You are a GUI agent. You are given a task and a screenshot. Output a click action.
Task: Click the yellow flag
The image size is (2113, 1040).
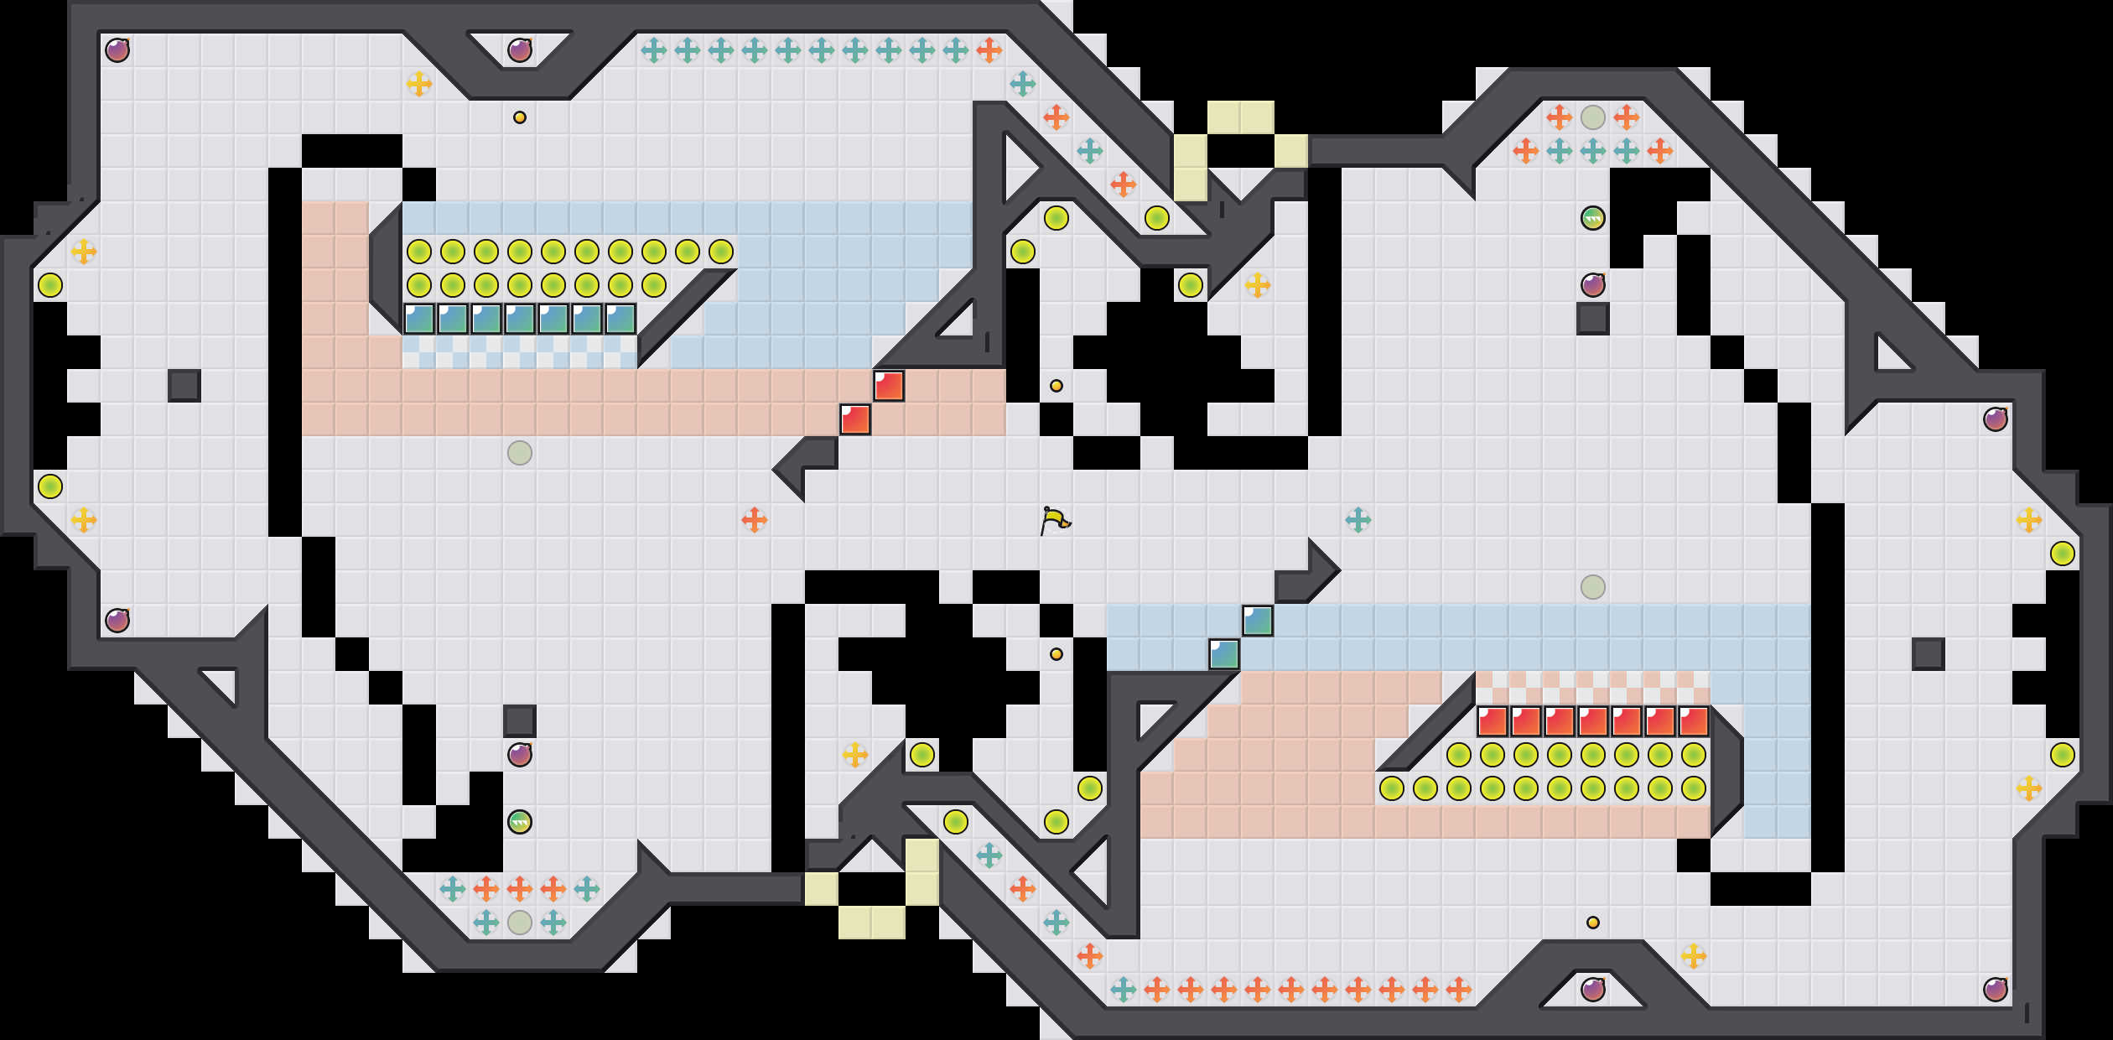1055,520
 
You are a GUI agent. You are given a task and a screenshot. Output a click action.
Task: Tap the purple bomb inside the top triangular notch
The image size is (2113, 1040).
520,50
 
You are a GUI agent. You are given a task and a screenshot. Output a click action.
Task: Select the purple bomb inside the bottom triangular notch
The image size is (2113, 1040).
1593,990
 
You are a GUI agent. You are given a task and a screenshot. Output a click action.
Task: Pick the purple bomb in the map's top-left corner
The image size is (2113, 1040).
117,50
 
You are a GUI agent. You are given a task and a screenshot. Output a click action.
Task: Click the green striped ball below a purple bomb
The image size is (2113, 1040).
520,822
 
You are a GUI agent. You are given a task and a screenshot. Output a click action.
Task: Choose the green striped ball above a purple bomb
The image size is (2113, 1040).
1593,218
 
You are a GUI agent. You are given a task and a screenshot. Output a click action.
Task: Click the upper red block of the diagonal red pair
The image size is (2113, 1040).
889,386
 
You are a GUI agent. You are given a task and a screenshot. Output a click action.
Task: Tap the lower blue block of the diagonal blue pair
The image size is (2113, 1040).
1224,654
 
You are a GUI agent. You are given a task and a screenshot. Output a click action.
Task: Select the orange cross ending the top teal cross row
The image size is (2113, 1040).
989,50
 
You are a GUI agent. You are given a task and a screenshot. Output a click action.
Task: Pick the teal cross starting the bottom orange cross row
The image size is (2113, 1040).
1124,990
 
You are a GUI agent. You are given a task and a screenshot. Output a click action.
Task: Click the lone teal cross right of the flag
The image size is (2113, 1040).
1358,520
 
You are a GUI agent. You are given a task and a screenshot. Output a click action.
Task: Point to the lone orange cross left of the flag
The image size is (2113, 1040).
755,520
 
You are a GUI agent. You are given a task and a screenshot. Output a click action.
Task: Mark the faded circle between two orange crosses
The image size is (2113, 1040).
1593,117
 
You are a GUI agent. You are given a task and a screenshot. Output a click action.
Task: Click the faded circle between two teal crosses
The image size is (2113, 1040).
520,923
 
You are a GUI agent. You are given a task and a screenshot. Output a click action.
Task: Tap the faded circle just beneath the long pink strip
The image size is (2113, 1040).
520,453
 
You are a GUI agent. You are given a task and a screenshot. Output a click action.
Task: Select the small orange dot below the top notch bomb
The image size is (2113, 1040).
520,117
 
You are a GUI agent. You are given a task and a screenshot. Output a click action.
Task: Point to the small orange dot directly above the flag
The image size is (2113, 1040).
1056,386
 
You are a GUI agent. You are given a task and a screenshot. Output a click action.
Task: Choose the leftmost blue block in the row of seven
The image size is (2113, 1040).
419,319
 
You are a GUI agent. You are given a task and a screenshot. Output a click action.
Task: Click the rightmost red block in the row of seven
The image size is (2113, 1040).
1694,721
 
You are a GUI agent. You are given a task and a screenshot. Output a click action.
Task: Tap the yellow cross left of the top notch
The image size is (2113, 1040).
419,84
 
